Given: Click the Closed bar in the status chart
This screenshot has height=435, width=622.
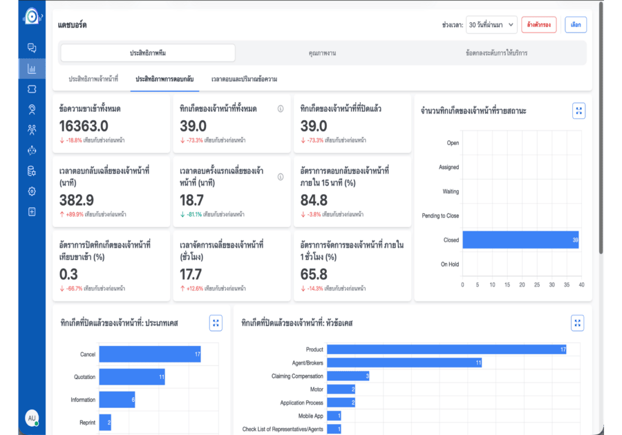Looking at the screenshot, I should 520,240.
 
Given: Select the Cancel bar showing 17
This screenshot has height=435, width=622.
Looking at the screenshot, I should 149,354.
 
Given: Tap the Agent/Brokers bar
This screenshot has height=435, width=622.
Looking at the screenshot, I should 404,362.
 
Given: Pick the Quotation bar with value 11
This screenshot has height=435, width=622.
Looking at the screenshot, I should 132,377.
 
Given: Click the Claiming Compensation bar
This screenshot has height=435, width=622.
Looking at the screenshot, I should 348,376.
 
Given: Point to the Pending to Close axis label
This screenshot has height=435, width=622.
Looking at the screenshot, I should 440,215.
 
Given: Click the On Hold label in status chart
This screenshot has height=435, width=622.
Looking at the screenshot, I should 449,264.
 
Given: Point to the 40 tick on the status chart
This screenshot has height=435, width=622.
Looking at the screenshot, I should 581,284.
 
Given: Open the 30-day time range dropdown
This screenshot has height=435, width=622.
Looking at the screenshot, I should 491,25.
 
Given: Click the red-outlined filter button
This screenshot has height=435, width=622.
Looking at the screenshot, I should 538,25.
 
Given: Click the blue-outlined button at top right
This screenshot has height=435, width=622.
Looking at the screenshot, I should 576,25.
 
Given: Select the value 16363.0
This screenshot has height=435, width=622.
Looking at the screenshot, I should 84,126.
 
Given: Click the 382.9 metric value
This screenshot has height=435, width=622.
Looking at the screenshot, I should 77,200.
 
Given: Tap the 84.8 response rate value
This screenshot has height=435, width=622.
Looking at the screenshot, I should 314,200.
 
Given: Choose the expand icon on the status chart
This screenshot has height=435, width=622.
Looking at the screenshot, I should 579,110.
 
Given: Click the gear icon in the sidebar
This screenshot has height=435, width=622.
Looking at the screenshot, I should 32,191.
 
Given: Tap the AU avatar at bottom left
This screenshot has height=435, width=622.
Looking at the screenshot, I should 32,418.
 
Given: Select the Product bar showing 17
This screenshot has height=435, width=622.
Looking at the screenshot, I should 446,349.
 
